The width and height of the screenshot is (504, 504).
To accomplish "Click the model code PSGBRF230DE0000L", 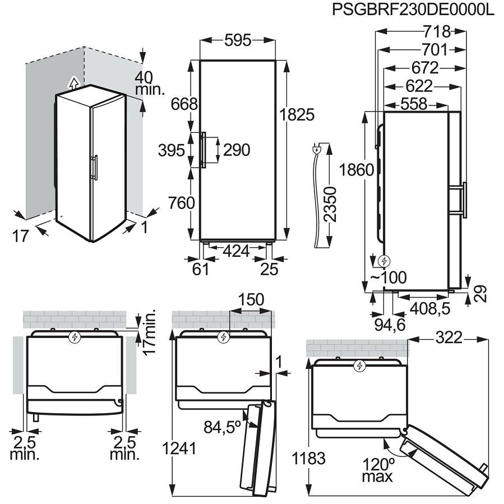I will (x=413, y=11).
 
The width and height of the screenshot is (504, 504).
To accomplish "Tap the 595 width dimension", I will (x=238, y=40).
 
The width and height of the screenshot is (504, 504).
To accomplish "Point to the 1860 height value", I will (x=357, y=169).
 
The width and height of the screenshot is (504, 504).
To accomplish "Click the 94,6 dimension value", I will (x=390, y=325).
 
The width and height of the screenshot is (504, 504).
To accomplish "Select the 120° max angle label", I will (x=377, y=470).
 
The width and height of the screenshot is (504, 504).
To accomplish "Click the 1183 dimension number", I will (x=309, y=458).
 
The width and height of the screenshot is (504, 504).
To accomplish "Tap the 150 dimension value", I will (x=251, y=300).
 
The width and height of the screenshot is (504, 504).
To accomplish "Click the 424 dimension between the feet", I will (x=236, y=251).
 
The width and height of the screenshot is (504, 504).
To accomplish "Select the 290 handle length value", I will (x=236, y=150).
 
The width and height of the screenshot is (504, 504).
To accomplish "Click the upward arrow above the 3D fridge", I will (x=72, y=82).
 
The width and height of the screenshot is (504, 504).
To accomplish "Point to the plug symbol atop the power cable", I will (x=317, y=149).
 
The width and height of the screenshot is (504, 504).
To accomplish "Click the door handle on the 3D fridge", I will (x=96, y=167).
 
